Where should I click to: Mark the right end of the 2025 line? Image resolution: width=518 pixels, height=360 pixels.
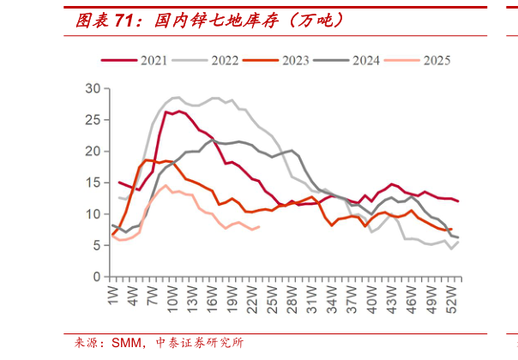click(259, 226)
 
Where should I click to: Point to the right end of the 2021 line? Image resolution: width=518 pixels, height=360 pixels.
click(459, 201)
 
